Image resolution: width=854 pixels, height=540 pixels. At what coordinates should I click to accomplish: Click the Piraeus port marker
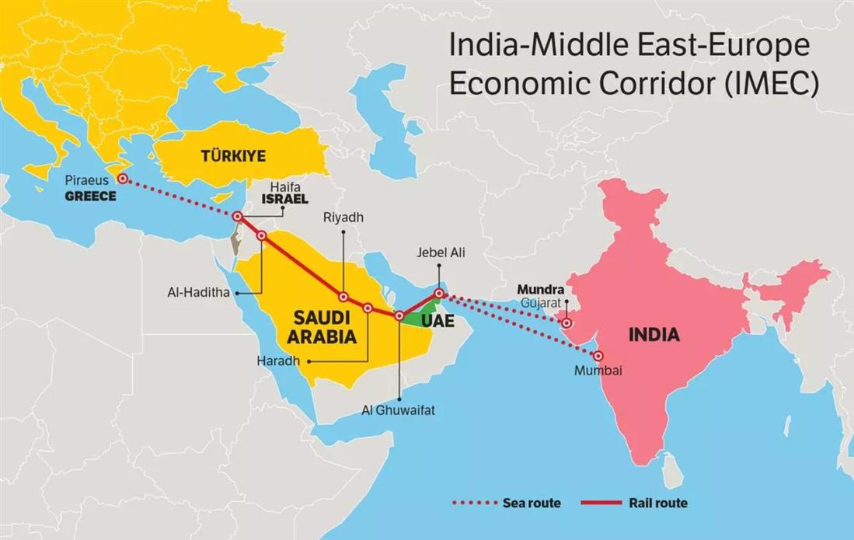coord(123,178)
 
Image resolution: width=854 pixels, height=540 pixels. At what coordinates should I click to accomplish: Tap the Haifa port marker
coord(238,217)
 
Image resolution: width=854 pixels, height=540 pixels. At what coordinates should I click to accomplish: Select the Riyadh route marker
coord(343,296)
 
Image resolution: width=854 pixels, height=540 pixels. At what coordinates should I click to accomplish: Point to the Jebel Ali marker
coord(438,294)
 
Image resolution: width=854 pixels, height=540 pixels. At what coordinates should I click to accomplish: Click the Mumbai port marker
coord(598,355)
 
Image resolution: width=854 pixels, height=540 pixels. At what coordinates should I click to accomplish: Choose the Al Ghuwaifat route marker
coord(399,315)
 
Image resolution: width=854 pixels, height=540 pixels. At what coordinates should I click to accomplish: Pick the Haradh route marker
coord(368,308)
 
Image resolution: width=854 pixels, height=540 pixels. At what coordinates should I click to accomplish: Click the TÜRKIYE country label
coord(233,156)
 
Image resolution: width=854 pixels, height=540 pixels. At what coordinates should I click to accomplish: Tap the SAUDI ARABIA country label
coord(322,327)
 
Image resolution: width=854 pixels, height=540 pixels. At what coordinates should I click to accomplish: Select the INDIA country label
coord(654,335)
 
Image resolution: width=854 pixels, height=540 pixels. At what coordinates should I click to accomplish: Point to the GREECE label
coord(90,197)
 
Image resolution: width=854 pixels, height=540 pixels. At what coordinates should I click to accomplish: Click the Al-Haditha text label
coord(198,293)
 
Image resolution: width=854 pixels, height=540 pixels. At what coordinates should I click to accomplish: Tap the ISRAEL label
coord(285,200)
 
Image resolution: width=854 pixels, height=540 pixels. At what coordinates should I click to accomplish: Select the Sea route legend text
coord(532,503)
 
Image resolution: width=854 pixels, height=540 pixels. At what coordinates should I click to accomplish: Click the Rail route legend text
coord(658,503)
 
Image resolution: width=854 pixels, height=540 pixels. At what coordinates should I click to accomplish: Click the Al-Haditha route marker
coord(261,235)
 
